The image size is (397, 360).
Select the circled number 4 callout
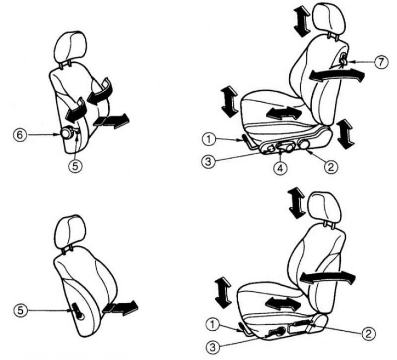280,168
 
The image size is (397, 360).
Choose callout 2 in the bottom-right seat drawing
368,334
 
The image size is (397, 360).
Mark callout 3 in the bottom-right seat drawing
213,347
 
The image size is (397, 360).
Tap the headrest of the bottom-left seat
70,231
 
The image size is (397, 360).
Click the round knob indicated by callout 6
66,133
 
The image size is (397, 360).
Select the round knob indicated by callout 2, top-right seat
304,145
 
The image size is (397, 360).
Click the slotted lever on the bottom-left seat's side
77,310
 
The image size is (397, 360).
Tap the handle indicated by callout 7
343,59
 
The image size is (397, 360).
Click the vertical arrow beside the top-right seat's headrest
302,21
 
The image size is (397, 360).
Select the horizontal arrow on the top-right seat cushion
283,113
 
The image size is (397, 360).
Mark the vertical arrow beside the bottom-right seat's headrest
297,203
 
